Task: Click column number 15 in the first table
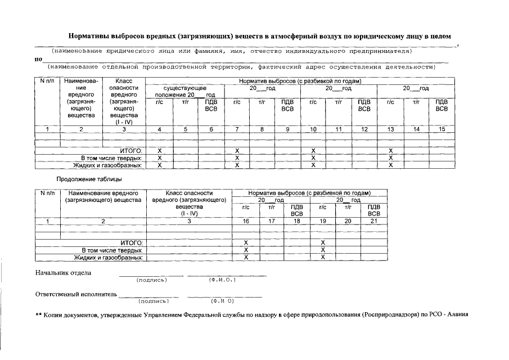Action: pyautogui.click(x=442, y=130)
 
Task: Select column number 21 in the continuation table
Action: pyautogui.click(x=375, y=221)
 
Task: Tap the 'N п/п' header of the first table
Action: pyautogui.click(x=47, y=82)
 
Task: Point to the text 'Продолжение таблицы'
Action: pyautogui.click(x=89, y=179)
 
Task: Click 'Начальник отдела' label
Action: pyautogui.click(x=63, y=273)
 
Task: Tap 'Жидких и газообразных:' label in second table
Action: pyautogui.click(x=109, y=257)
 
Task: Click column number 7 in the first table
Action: pyautogui.click(x=237, y=130)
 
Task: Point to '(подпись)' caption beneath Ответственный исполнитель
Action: pyautogui.click(x=154, y=301)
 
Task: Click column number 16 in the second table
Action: pyautogui.click(x=246, y=221)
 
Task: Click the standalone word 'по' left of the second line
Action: pyautogui.click(x=38, y=58)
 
